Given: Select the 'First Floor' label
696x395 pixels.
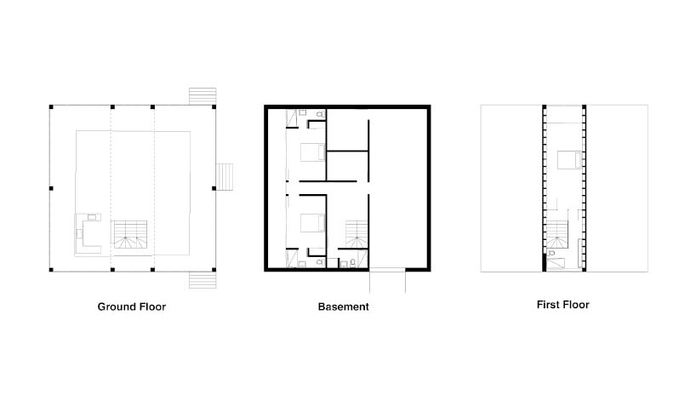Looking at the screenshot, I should coord(562,304).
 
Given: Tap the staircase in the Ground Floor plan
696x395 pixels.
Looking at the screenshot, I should coord(130,235).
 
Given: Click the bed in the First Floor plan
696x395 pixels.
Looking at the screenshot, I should coord(567,159).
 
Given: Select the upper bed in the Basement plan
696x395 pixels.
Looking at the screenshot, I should coord(311,152).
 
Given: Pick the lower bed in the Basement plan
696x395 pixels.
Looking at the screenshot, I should coord(311,222).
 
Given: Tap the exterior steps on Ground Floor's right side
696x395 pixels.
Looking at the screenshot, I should coord(225,176).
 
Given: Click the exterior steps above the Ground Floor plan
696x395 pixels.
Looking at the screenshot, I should coord(203,94).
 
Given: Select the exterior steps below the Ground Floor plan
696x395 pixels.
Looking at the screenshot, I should coord(203,280).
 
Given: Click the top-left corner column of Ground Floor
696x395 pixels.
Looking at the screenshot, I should coord(50,106).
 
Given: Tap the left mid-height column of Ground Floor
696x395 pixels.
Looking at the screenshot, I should coord(50,188).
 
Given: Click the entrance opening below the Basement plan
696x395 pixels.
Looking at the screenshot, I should coord(387,273).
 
